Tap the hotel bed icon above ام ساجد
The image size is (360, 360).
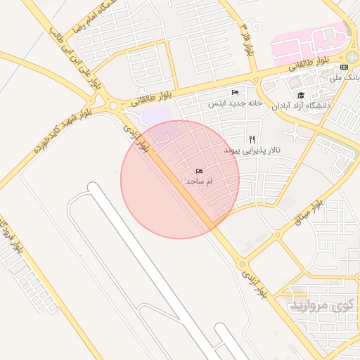point(199,172)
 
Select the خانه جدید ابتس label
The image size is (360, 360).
point(234,103)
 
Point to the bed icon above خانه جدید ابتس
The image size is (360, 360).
point(235,93)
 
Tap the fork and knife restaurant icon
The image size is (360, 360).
point(252,140)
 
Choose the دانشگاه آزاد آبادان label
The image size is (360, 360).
point(324,105)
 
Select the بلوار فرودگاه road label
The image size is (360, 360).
point(10,239)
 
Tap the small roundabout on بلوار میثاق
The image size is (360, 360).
point(278,235)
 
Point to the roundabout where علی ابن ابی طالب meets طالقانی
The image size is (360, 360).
point(113,107)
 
